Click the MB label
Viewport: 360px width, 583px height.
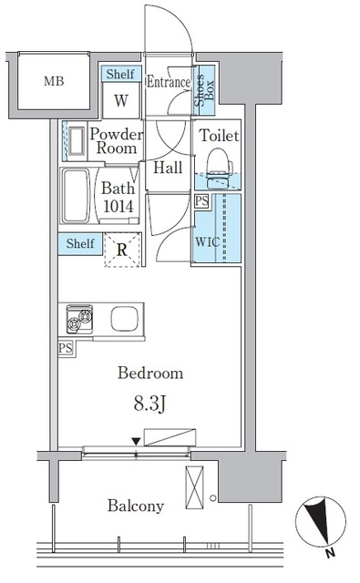coord(54,81)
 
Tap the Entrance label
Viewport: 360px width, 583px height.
coord(169,82)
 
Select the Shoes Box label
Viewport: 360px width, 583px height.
coord(204,89)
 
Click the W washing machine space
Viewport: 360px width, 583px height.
coord(121,100)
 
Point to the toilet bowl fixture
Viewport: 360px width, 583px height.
coord(219,167)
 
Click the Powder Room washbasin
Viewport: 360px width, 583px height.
coord(77,141)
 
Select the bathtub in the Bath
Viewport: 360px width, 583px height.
coord(76,196)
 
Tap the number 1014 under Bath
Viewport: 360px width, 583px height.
coord(118,207)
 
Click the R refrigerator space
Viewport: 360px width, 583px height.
coord(122,250)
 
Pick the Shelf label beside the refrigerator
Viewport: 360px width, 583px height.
coord(80,243)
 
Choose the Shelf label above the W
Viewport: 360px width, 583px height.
coord(120,74)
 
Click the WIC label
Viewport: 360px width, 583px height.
coord(208,241)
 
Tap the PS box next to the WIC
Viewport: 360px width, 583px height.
coord(201,201)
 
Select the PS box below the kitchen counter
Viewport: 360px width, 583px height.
coord(66,349)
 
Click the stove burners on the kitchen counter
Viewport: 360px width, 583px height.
coord(79,319)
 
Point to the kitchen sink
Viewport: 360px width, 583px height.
coord(124,319)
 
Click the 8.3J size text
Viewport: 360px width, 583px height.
coord(149,404)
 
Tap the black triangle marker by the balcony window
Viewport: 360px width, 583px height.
coord(137,442)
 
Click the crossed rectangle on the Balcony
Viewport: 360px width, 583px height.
coord(194,487)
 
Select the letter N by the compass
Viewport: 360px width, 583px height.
coord(330,553)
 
